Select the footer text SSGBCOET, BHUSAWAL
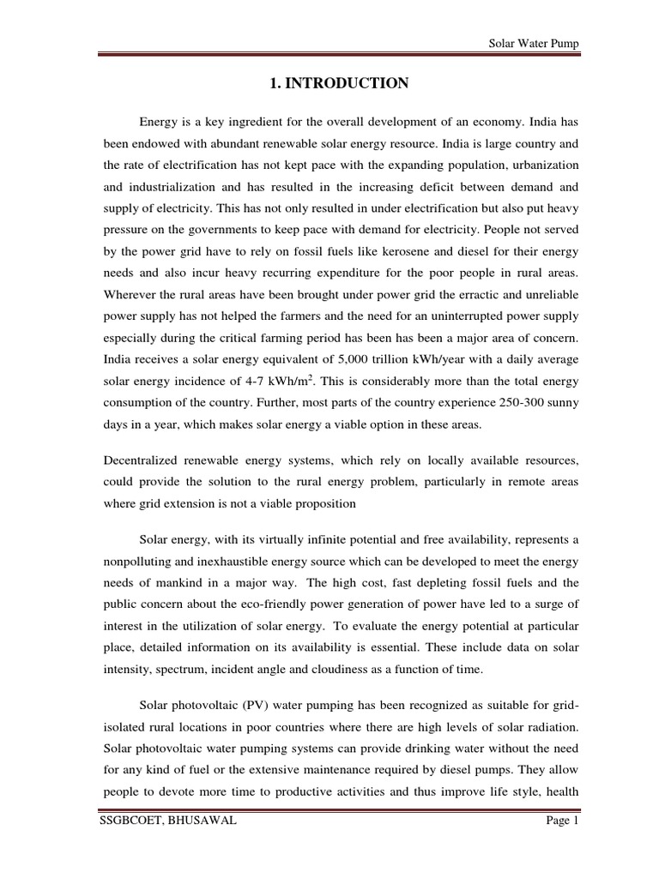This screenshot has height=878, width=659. point(166,845)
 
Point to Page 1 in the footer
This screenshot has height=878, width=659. point(564,845)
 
